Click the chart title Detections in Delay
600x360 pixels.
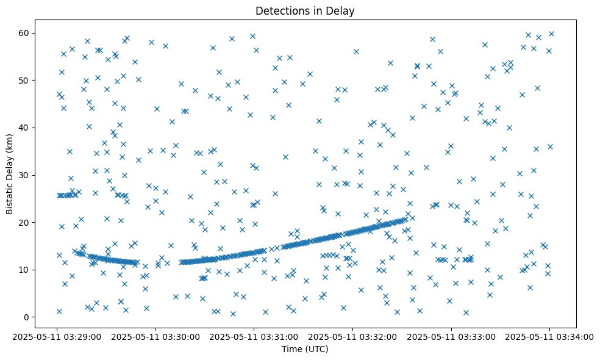(305, 11)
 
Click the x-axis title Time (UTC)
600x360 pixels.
(305, 349)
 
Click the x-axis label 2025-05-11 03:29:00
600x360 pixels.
(58, 336)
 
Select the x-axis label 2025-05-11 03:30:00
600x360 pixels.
(157, 336)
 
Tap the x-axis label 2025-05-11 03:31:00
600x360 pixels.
(255, 336)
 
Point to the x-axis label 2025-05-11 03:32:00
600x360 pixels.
(354, 336)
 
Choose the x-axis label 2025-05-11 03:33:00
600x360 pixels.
(452, 336)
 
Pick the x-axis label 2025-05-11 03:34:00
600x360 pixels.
(550, 336)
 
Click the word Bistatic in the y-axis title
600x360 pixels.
(10, 194)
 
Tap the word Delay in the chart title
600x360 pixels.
(343, 11)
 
